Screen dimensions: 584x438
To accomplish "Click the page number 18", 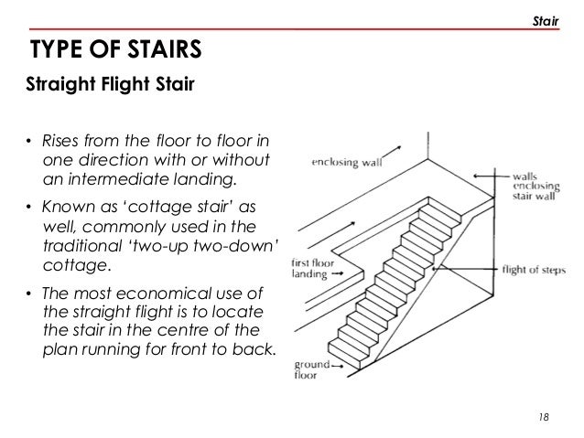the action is point(544,417).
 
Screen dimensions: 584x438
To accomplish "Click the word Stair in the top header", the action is point(546,22).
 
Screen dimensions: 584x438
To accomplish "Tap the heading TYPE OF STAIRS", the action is point(116,48).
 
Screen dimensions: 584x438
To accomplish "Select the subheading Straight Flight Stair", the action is point(110,84).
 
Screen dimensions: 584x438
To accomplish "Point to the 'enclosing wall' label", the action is point(347,162).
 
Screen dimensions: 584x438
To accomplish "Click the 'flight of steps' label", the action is point(534,270).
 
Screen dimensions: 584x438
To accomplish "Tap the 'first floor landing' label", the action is point(313,269).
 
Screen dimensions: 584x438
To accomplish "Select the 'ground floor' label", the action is point(312,369).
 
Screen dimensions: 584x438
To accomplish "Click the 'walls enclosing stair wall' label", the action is point(536,186).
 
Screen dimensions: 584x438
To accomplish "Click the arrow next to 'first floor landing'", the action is point(338,273).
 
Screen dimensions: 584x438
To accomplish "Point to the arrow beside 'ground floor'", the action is point(338,366).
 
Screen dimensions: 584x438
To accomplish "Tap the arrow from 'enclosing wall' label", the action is point(392,153).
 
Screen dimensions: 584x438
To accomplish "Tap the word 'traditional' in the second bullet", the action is point(82,246).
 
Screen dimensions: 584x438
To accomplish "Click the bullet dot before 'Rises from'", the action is point(28,142).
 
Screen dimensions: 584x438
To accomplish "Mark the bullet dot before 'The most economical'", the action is point(28,294).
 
